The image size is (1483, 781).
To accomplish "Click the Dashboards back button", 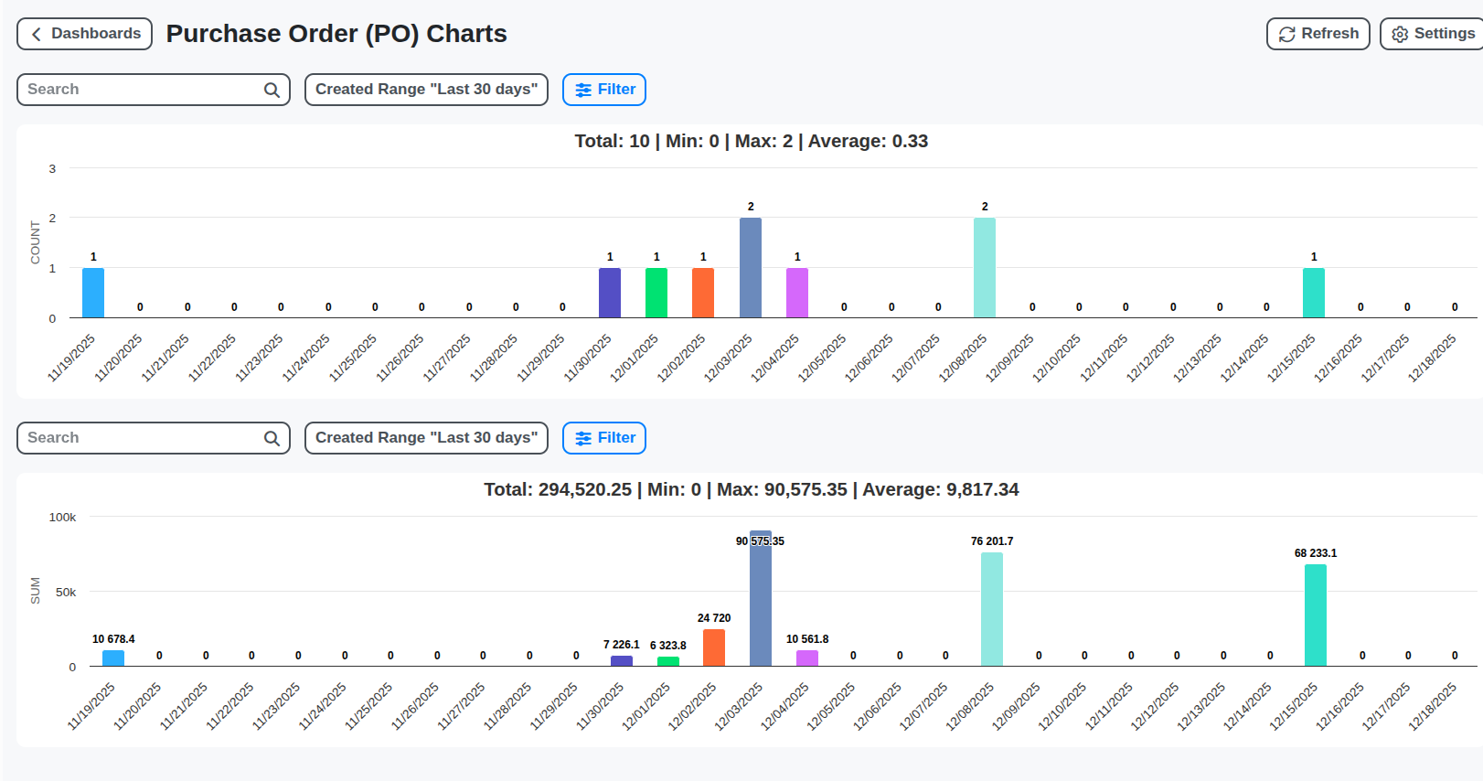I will (x=84, y=34).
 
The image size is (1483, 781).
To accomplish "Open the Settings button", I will (x=1432, y=34).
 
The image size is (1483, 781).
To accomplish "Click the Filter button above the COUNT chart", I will (x=604, y=90).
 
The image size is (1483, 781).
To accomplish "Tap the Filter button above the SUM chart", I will (x=604, y=438).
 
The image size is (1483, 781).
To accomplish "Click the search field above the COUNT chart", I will (x=142, y=90).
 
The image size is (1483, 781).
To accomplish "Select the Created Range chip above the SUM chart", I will (x=426, y=438).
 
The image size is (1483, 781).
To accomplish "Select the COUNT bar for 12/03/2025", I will (x=751, y=268).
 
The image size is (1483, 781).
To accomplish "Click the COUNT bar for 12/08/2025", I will (x=985, y=268).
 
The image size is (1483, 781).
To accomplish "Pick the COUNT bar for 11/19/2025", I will (x=93, y=293).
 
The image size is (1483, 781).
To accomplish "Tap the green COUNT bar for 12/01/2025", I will (x=656, y=293).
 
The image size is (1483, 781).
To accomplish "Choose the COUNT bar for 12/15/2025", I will (x=1314, y=293).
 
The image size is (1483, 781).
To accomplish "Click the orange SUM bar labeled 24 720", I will (x=714, y=647).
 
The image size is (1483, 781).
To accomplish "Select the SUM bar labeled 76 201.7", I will (x=992, y=609).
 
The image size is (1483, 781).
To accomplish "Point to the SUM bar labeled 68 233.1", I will (x=1316, y=615).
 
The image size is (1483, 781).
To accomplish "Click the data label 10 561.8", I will (x=807, y=639).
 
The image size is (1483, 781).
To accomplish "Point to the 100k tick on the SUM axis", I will (x=62, y=518).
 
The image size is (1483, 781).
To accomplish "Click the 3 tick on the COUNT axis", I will (x=52, y=168).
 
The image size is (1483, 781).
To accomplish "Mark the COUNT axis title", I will (x=36, y=242).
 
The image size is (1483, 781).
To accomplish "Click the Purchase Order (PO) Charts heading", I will (x=336, y=34).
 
